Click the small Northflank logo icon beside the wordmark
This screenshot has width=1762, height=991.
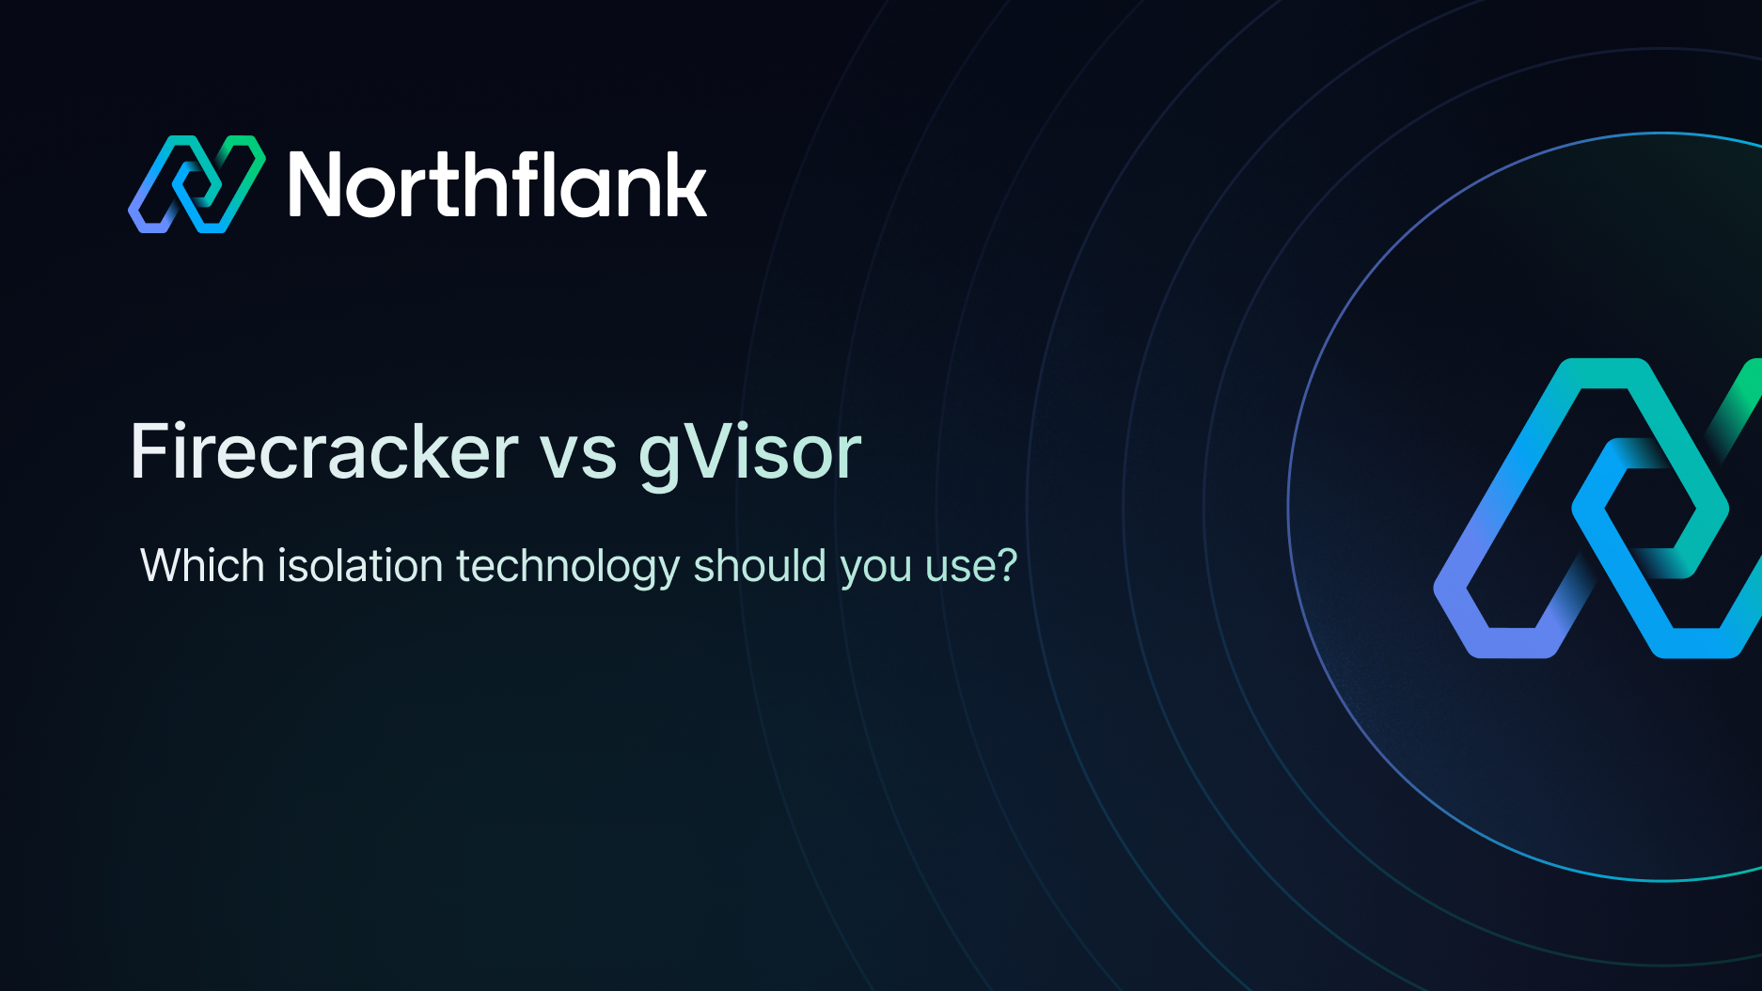[197, 184]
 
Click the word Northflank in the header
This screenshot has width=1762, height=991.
[497, 185]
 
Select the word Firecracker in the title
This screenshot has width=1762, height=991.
[324, 452]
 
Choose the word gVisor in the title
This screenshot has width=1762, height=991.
[749, 454]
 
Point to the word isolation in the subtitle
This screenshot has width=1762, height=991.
[360, 566]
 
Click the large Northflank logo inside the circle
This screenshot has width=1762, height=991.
[1598, 509]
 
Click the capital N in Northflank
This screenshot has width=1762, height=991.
[319, 185]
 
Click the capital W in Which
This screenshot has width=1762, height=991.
[162, 566]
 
